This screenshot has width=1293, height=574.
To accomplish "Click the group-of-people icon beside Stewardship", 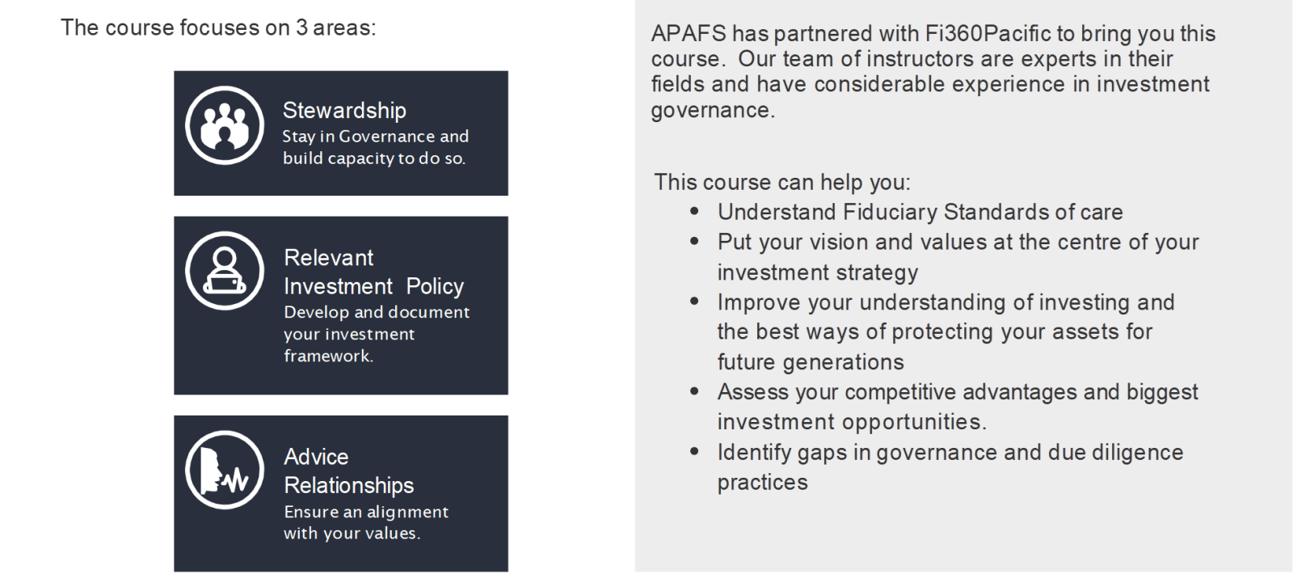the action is click(225, 126).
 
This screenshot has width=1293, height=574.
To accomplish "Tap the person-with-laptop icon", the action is click(225, 271).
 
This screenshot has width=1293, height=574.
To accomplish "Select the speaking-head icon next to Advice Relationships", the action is click(225, 470).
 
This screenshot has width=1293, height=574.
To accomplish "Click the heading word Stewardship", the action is click(344, 110).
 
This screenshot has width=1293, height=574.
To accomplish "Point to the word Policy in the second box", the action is click(435, 286).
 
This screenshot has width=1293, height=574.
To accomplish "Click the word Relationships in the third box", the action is click(348, 486).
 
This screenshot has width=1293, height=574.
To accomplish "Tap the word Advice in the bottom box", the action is click(316, 457).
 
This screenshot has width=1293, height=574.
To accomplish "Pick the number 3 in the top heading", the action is click(301, 27).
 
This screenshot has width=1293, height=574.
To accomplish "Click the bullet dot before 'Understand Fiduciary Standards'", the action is click(694, 211).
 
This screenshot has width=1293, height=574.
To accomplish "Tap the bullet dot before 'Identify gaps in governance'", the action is click(694, 452).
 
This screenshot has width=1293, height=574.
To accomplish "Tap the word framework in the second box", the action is click(328, 356).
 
